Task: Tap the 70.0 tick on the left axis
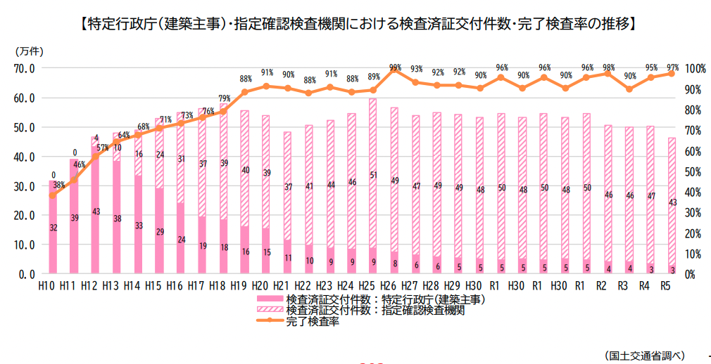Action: click(x=23, y=68)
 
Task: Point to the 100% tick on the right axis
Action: click(x=694, y=68)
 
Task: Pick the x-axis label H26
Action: click(x=394, y=286)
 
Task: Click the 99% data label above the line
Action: click(x=395, y=67)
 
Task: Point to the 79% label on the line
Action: click(x=225, y=98)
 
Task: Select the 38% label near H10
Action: click(x=59, y=186)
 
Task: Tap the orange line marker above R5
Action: click(x=671, y=74)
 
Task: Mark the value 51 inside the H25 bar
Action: click(x=372, y=175)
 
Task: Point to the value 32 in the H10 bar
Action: click(x=53, y=228)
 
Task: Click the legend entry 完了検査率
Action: click(x=313, y=322)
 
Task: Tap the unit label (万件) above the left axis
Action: click(x=28, y=51)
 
